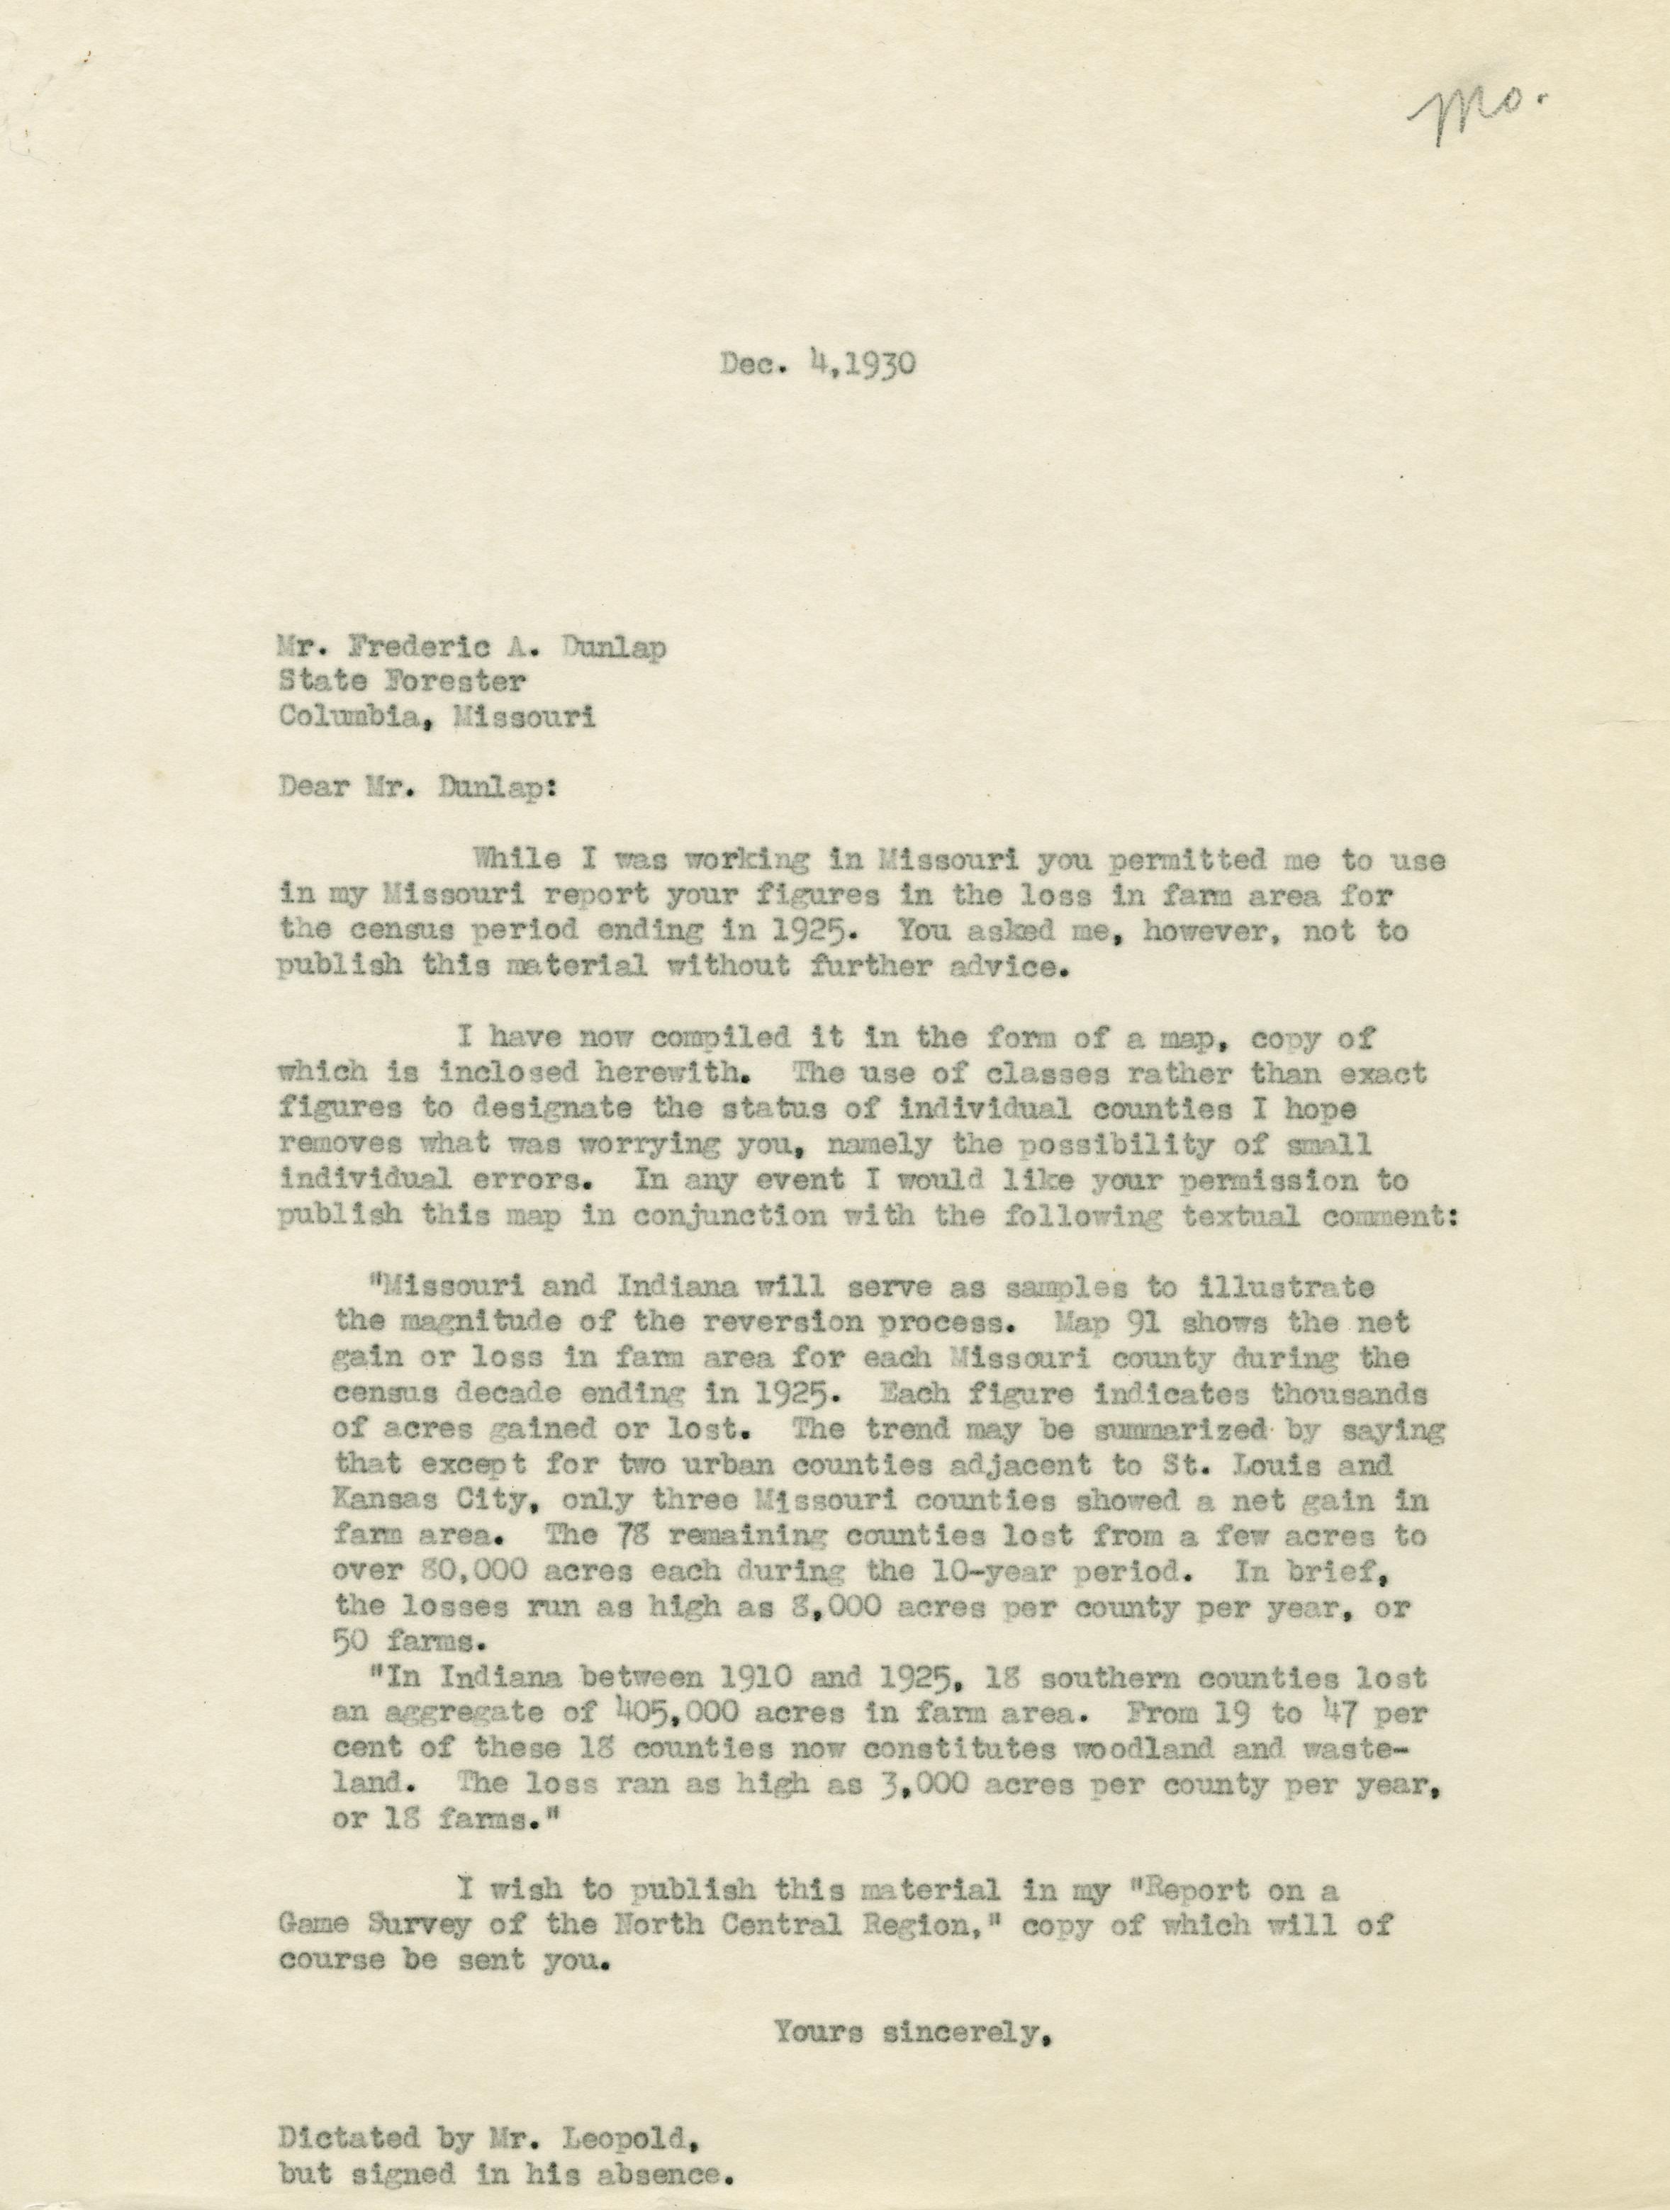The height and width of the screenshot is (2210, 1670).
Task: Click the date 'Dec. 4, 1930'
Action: pos(817,363)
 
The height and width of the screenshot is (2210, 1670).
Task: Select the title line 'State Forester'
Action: pos(402,682)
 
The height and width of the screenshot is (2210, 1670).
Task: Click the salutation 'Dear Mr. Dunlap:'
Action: pos(417,787)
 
